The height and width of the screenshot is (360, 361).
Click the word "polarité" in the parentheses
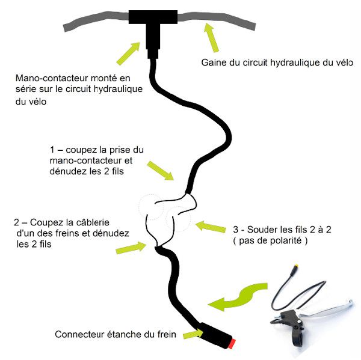[285, 240]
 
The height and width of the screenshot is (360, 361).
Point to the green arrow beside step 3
[208, 227]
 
